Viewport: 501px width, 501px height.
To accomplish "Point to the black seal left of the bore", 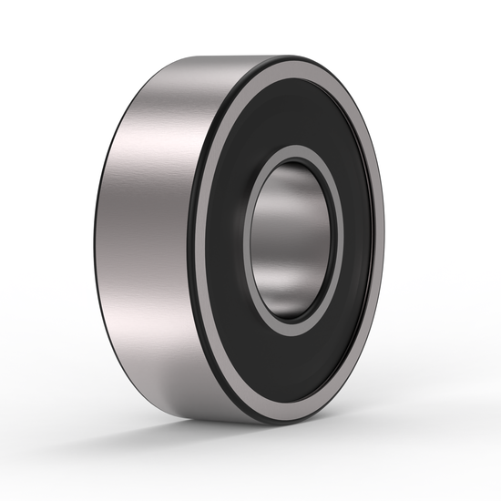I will tap(228, 239).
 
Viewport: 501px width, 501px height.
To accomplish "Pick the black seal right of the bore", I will tap(351, 239).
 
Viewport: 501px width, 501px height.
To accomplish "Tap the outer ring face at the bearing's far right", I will tap(378, 239).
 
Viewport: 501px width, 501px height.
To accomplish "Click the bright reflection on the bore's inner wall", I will tap(301, 228).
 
